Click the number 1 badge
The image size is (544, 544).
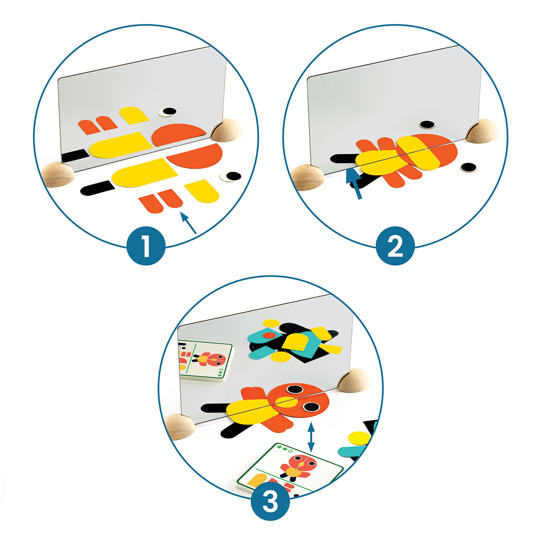[146, 246]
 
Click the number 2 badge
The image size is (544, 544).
[395, 246]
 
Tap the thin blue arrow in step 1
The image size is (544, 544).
[188, 223]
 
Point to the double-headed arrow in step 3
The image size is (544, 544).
[311, 437]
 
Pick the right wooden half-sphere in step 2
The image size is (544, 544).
[482, 131]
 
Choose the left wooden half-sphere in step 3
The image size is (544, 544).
[180, 427]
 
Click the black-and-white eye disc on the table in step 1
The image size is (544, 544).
[231, 177]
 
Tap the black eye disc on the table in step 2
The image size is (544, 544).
[469, 167]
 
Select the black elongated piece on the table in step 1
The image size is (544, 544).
[97, 188]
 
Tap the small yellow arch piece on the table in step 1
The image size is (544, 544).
[202, 191]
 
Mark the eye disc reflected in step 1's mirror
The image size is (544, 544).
[167, 112]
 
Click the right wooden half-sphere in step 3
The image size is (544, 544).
[354, 380]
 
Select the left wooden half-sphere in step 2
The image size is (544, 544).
[307, 178]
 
